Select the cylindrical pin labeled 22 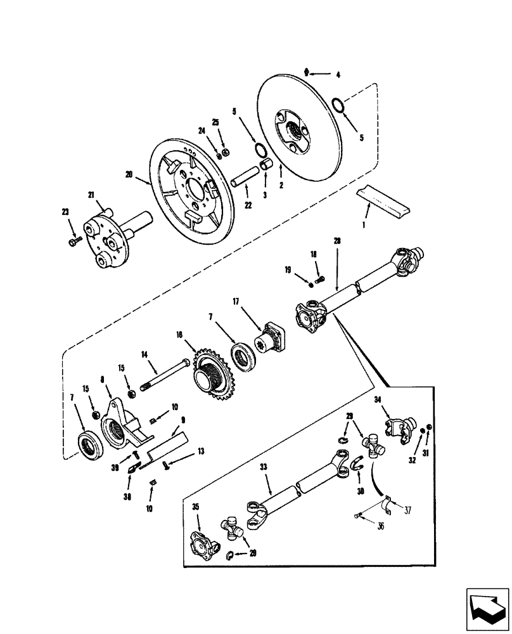243,177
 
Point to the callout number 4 338,75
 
